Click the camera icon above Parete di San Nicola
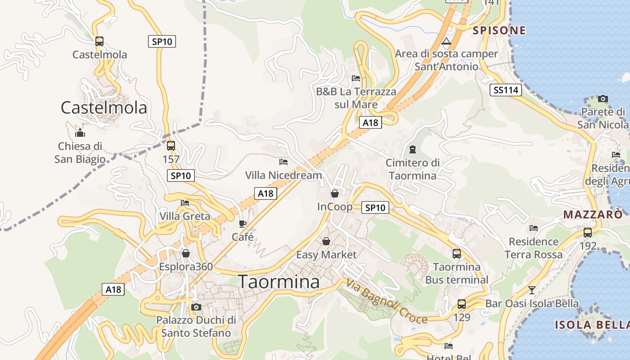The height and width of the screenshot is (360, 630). (603, 99)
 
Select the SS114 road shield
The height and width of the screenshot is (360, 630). (506, 90)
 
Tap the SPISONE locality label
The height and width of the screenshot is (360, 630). (499, 31)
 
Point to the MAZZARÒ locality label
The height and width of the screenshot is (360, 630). (593, 215)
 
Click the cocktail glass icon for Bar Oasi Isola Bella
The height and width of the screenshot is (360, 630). (532, 290)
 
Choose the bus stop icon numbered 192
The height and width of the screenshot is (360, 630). (588, 233)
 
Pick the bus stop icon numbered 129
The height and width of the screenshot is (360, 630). (462, 304)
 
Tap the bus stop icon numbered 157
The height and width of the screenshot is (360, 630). (171, 146)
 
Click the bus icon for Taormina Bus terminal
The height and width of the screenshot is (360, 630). (457, 253)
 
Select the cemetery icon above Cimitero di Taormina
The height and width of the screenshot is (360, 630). (413, 149)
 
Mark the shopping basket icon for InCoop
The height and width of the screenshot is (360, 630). (335, 193)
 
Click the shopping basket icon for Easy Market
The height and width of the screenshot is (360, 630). (326, 242)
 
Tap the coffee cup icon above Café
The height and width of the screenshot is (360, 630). (243, 224)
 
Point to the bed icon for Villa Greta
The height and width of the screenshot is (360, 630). (185, 203)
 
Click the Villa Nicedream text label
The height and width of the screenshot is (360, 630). (283, 175)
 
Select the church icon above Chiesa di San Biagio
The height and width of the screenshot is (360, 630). (80, 133)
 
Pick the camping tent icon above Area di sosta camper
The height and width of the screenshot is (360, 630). (446, 42)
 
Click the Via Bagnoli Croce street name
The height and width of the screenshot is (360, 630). (387, 301)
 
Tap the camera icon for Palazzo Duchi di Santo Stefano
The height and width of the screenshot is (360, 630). (196, 307)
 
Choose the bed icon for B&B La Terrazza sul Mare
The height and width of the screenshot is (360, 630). (356, 78)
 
